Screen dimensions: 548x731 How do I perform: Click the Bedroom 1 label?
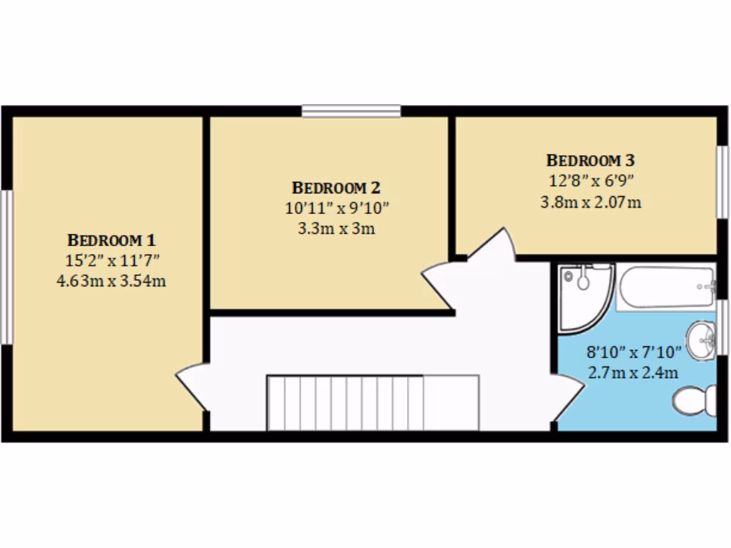(x=111, y=240)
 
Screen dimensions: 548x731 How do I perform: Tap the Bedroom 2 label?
(x=336, y=188)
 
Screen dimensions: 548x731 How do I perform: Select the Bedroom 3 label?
(x=590, y=161)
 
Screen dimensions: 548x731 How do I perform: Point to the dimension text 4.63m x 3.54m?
(x=111, y=280)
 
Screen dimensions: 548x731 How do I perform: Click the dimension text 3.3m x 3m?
(x=336, y=229)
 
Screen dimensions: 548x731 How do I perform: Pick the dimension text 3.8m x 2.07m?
(x=590, y=202)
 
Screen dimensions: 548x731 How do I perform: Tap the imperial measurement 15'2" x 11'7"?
(x=111, y=260)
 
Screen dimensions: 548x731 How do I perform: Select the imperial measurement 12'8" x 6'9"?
(x=590, y=181)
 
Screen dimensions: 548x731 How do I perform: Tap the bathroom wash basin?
(x=701, y=341)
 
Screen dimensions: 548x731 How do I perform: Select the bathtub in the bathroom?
(x=666, y=288)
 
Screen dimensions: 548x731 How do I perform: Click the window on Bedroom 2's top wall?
(x=351, y=111)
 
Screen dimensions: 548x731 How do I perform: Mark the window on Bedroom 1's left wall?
(x=6, y=267)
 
